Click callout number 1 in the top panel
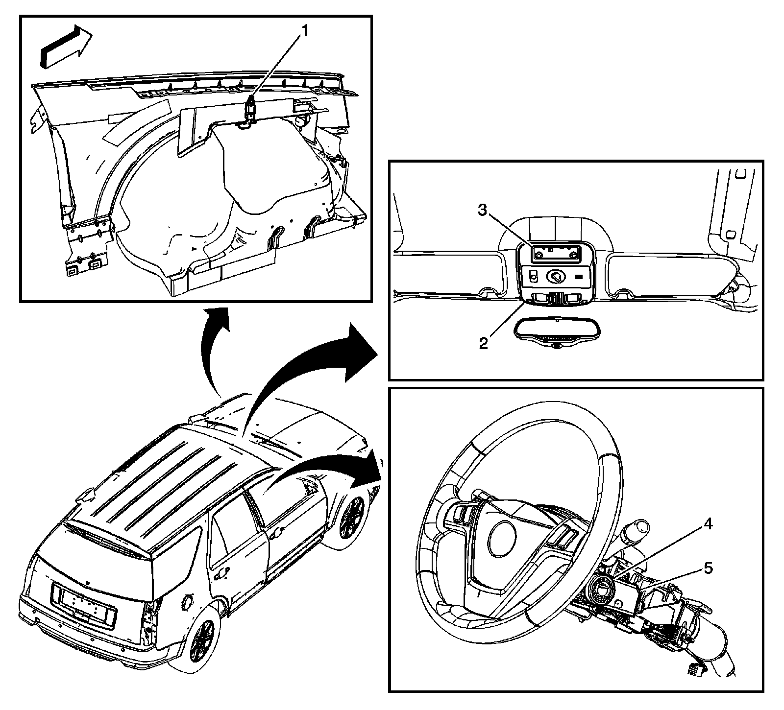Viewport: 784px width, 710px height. pos(304,31)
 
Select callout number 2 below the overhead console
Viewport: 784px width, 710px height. pos(484,342)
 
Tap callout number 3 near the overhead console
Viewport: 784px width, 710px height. pos(482,211)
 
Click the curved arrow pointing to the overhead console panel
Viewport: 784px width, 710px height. pos(314,362)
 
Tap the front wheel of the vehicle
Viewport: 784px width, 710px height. pos(352,516)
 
